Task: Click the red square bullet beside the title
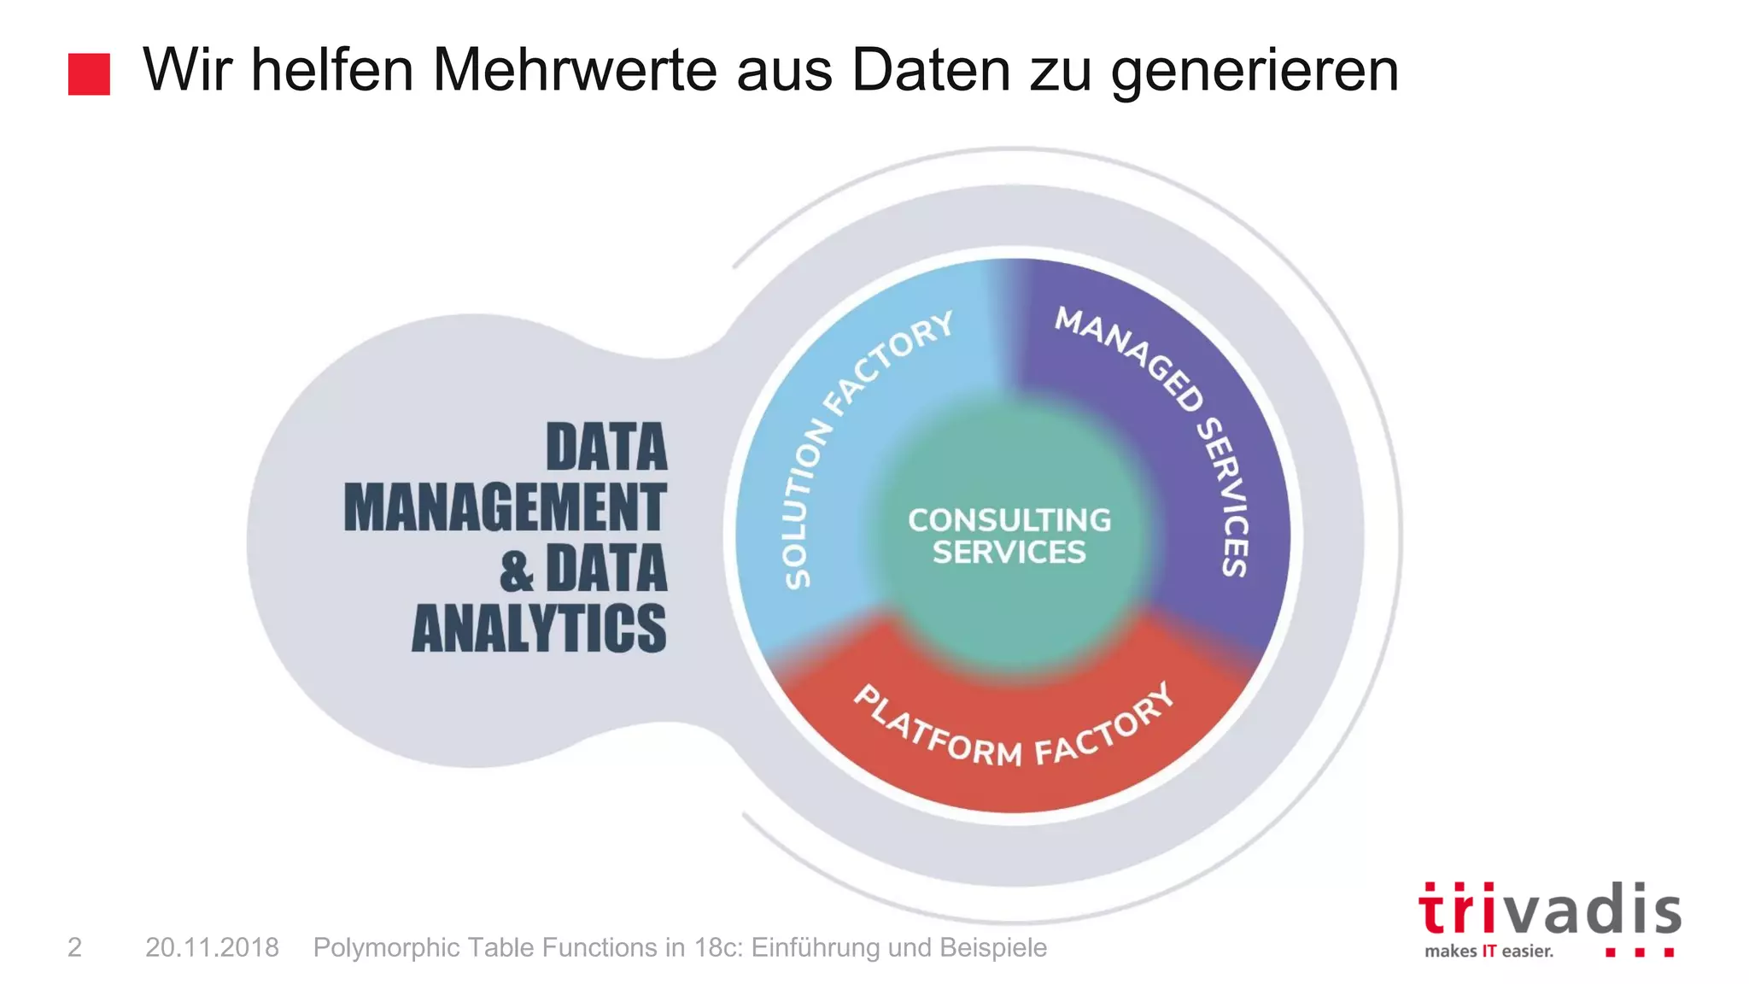[89, 74]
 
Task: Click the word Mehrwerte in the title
[575, 70]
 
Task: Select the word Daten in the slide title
[931, 70]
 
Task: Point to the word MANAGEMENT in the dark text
[505, 507]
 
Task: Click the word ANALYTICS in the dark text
[539, 629]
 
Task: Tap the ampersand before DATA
[517, 571]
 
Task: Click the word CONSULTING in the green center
[1009, 520]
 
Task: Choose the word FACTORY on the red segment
[1106, 725]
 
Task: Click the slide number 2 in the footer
[75, 947]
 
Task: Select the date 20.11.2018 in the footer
[212, 947]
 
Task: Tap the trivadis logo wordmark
[1549, 910]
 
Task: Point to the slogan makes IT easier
[1489, 951]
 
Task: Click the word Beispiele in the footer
[993, 947]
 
